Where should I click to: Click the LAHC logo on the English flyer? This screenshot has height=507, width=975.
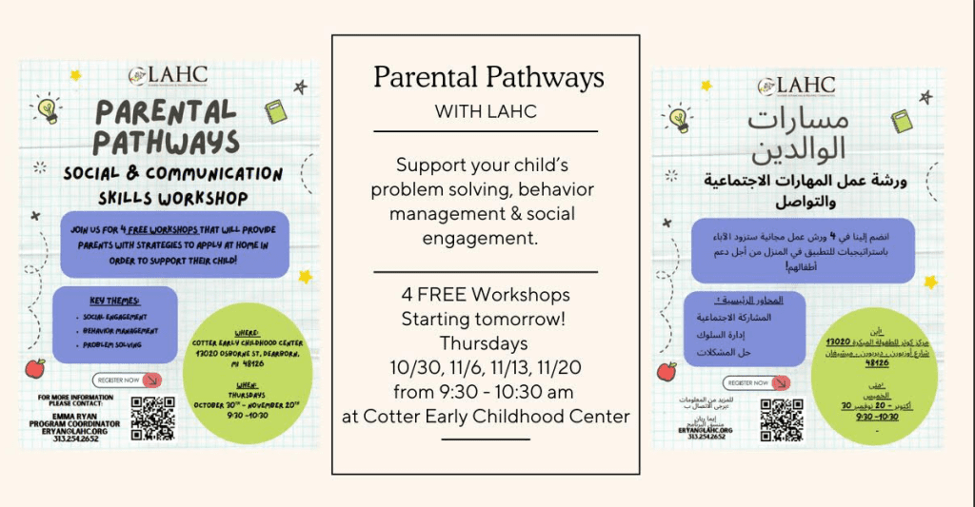tap(169, 75)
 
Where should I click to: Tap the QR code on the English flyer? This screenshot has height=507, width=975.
tap(153, 418)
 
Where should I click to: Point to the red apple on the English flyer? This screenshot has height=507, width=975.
tap(35, 368)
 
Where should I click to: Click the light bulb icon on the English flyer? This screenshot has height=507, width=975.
tap(47, 108)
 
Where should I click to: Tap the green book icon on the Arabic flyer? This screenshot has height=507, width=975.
tap(901, 121)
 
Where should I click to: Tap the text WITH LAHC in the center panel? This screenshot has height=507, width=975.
tap(486, 111)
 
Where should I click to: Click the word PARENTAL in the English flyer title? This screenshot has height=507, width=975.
tap(165, 111)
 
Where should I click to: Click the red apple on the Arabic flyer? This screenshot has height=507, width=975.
tap(667, 371)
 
